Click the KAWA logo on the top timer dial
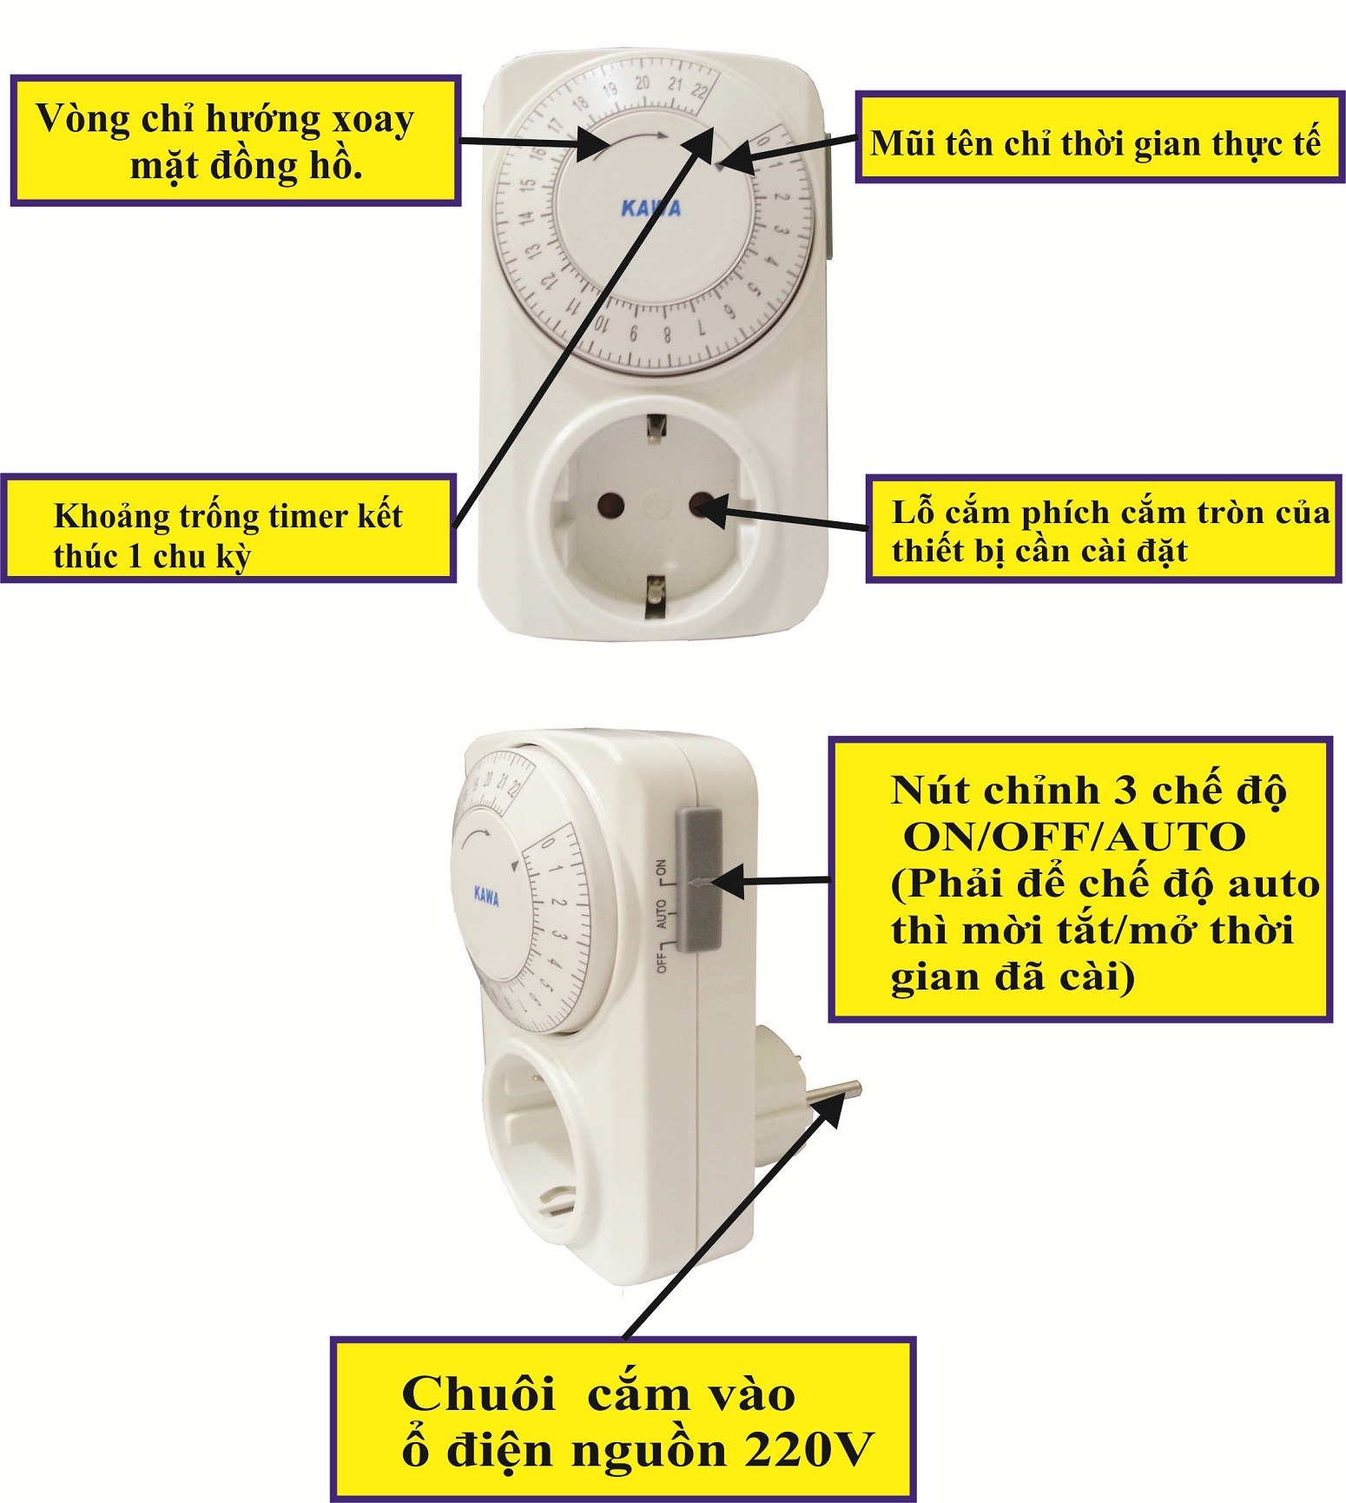(651, 209)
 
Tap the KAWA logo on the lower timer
(486, 896)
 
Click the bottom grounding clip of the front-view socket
(656, 597)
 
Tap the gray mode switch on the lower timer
(697, 879)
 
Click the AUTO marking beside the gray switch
(662, 915)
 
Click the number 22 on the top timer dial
(700, 89)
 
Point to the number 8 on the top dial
(666, 334)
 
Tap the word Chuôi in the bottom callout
(478, 1394)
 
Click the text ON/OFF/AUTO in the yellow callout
(1075, 838)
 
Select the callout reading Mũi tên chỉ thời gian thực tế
(1100, 136)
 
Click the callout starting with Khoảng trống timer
(228, 528)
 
